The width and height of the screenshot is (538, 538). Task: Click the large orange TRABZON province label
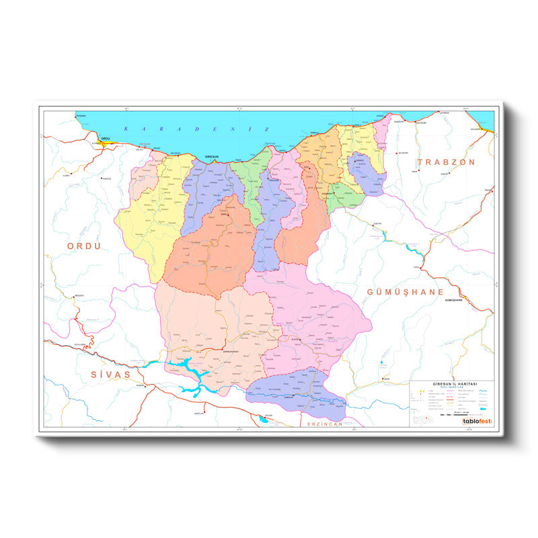click(x=447, y=162)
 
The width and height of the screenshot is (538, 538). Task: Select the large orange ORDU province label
click(x=84, y=246)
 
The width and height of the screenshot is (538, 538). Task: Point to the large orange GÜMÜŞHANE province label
click(x=406, y=292)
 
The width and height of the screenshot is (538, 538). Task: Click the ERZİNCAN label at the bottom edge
click(x=325, y=424)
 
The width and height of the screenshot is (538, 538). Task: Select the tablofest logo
click(x=477, y=422)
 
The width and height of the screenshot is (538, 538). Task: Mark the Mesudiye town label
click(x=79, y=295)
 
